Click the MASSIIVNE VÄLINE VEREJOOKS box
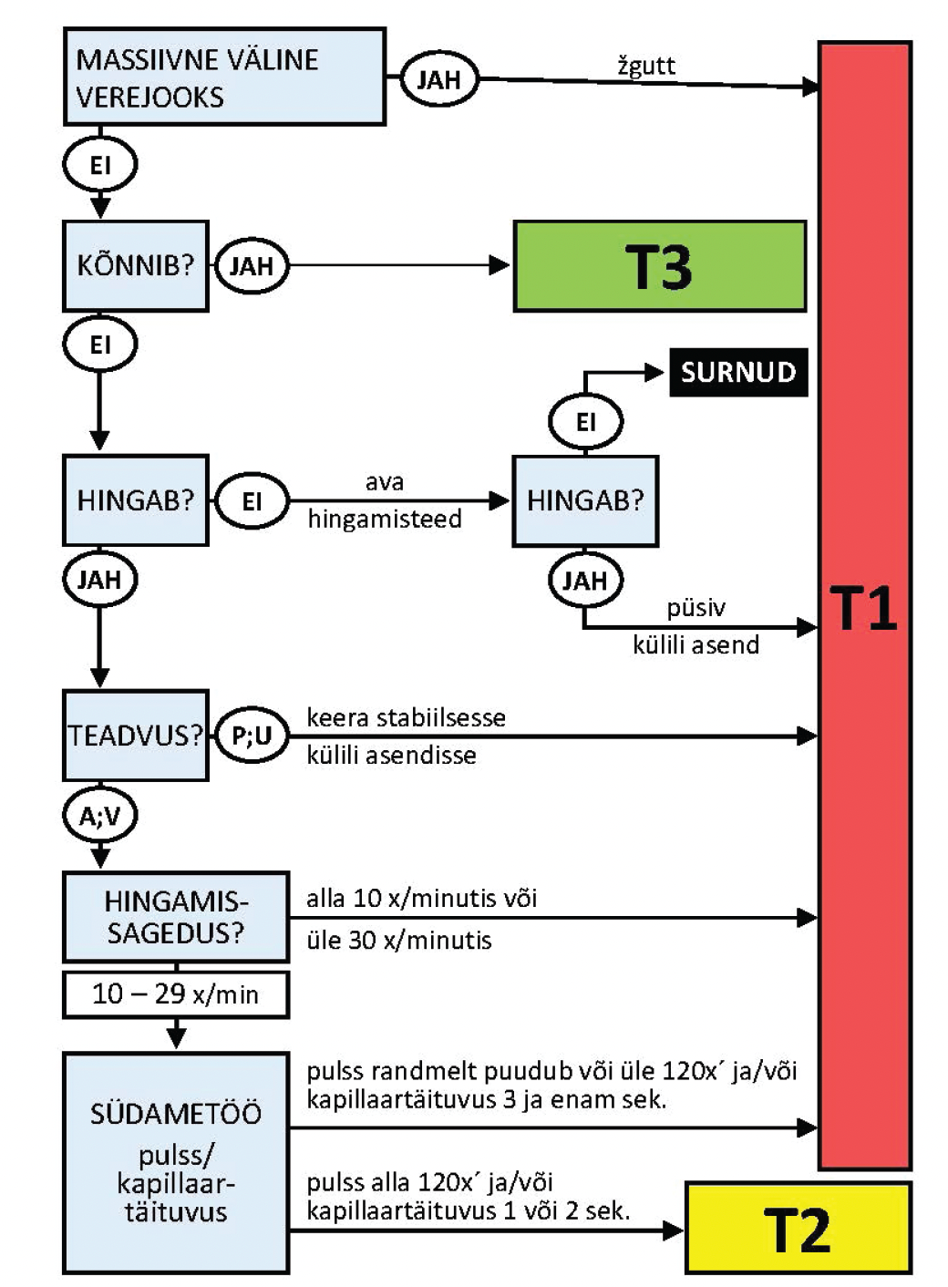[x=224, y=77]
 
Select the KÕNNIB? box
[x=136, y=265]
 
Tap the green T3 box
[x=659, y=266]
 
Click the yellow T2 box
[x=798, y=1228]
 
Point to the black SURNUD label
[x=738, y=372]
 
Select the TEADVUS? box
[x=136, y=736]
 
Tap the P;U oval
[x=252, y=736]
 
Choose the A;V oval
[x=99, y=816]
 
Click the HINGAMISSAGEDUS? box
[x=176, y=917]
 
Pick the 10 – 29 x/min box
[x=176, y=994]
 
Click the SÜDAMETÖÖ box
[x=176, y=1162]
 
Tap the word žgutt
[x=646, y=66]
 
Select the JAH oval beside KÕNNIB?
[x=252, y=266]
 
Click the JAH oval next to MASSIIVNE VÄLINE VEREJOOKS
[x=439, y=79]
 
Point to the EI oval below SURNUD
[x=585, y=422]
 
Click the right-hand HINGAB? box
[x=585, y=500]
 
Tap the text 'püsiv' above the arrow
[x=696, y=608]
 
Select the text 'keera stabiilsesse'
[x=406, y=717]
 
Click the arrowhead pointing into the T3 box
[x=500, y=266]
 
